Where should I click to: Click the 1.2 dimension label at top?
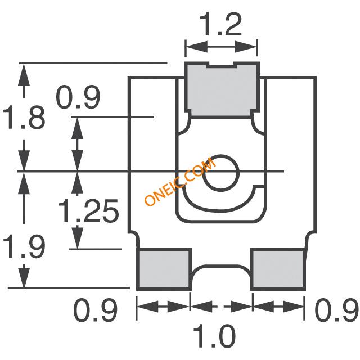[x=220, y=25]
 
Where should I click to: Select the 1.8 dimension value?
[x=24, y=118]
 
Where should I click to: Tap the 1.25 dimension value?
[x=88, y=211]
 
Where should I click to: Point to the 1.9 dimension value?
[x=24, y=246]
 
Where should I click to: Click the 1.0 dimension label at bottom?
[x=214, y=336]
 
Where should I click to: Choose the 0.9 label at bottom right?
[x=336, y=309]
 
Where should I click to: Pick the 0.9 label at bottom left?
[x=95, y=310]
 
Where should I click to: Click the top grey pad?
[x=222, y=90]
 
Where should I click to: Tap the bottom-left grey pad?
[x=164, y=269]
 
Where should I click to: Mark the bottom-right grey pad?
[x=278, y=269]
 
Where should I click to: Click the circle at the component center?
[x=221, y=173]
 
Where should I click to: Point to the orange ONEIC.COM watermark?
[x=181, y=181]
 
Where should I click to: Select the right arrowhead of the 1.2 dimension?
[x=246, y=47]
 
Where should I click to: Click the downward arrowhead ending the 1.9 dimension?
[x=24, y=276]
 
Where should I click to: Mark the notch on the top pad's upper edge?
[x=221, y=65]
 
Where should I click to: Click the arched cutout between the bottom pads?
[x=221, y=266]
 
